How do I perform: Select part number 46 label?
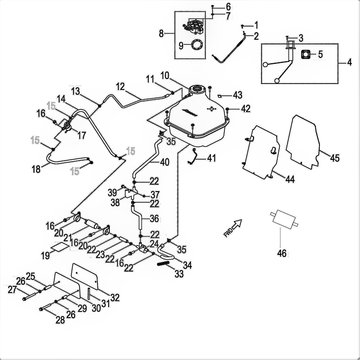pyautogui.click(x=282, y=253)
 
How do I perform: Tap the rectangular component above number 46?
pyautogui.click(x=284, y=219)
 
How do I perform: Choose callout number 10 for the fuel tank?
pyautogui.click(x=165, y=75)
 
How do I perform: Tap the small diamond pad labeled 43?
pyautogui.click(x=219, y=95)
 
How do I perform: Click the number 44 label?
pyautogui.click(x=290, y=179)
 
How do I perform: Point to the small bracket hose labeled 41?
pyautogui.click(x=193, y=156)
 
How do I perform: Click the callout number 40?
pyautogui.click(x=165, y=162)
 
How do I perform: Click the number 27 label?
pyautogui.click(x=12, y=290)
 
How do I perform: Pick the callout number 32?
pyautogui.click(x=115, y=297)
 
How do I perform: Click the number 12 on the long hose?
pyautogui.click(x=120, y=86)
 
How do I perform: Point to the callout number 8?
pyautogui.click(x=161, y=34)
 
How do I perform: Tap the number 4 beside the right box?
pyautogui.click(x=349, y=63)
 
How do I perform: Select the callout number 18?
pyautogui.click(x=36, y=169)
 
